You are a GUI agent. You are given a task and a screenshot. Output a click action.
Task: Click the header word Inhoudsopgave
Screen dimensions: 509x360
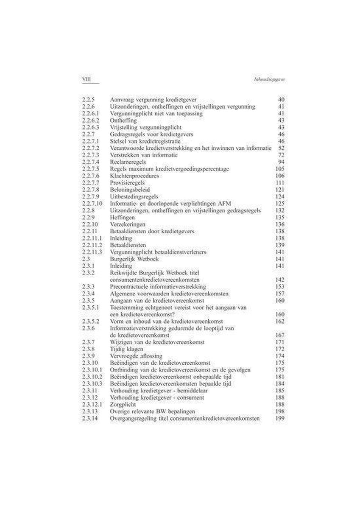tap(263, 79)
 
